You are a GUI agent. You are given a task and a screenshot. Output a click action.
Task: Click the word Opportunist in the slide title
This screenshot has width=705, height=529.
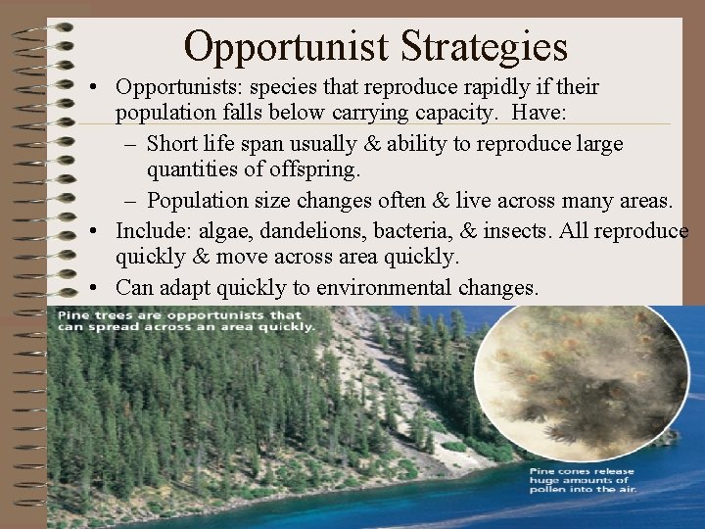pos(284,46)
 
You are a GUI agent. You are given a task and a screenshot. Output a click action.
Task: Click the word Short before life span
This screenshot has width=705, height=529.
pos(174,144)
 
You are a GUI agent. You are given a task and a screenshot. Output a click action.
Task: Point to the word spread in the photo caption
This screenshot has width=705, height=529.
pos(106,327)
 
